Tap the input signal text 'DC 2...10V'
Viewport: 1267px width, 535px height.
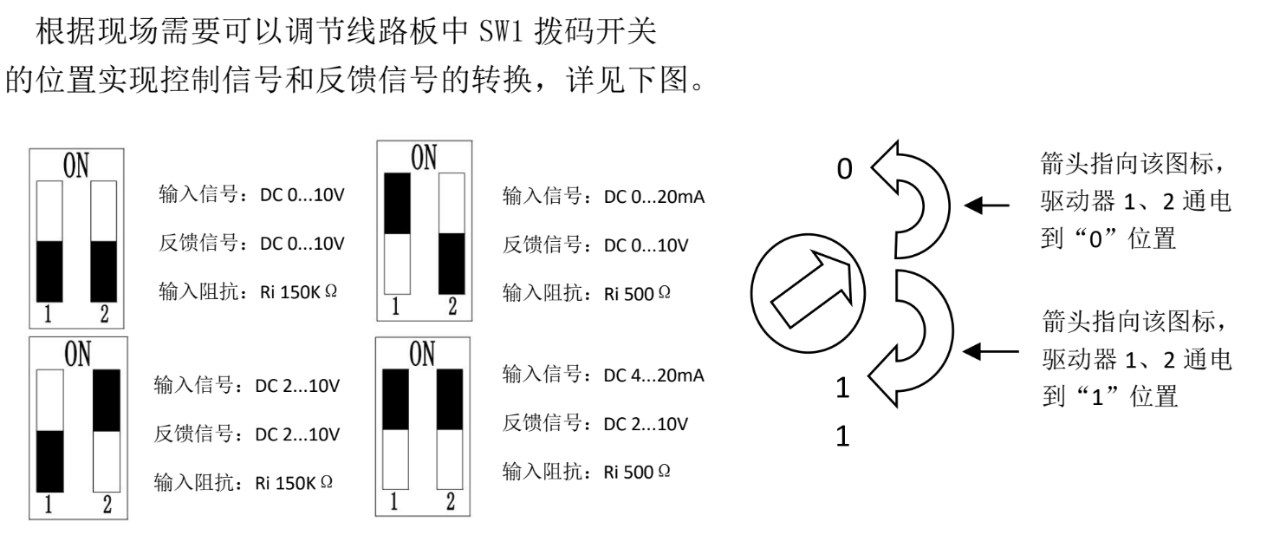point(302,387)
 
